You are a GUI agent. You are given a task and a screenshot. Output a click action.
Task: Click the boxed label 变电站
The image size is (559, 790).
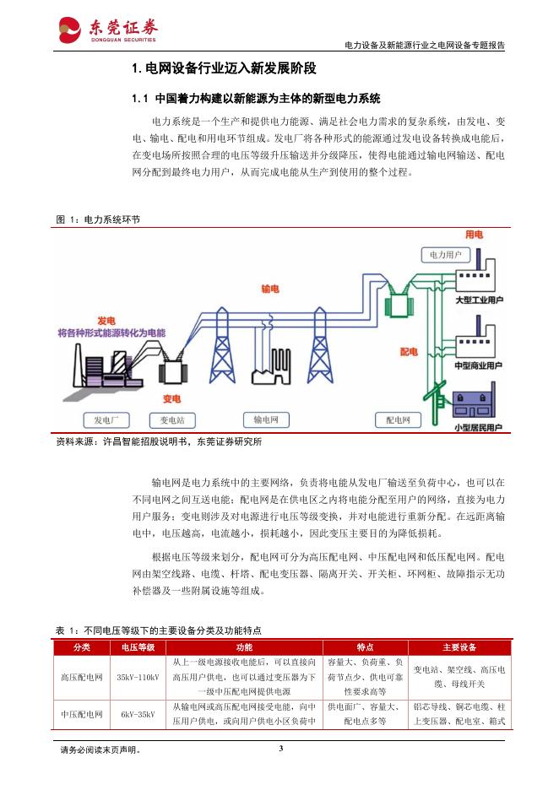pos(172,419)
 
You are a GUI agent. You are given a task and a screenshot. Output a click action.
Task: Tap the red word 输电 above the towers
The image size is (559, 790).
pos(270,289)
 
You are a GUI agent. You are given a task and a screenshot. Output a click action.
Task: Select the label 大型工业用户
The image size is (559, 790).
pos(479,301)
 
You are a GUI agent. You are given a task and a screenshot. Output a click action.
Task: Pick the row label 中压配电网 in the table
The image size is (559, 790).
pos(82,714)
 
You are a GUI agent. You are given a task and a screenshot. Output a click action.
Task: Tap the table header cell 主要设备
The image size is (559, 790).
pos(459,647)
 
